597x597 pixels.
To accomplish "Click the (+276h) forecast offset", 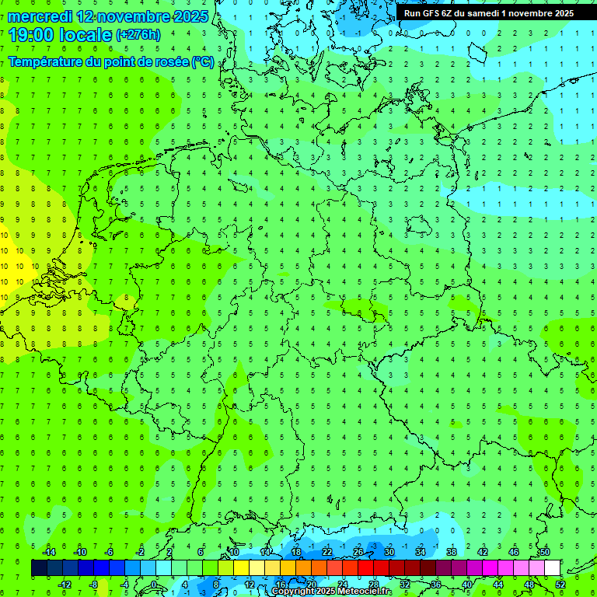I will (x=138, y=35).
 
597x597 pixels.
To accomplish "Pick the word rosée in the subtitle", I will (x=169, y=62).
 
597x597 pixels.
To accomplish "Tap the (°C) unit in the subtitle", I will (x=203, y=62).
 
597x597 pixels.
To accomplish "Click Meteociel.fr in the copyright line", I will (x=365, y=592).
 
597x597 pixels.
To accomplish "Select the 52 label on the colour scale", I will (x=560, y=585).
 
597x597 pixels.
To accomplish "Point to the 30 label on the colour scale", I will (x=389, y=552).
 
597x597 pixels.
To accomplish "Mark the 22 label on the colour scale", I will (x=327, y=552).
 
